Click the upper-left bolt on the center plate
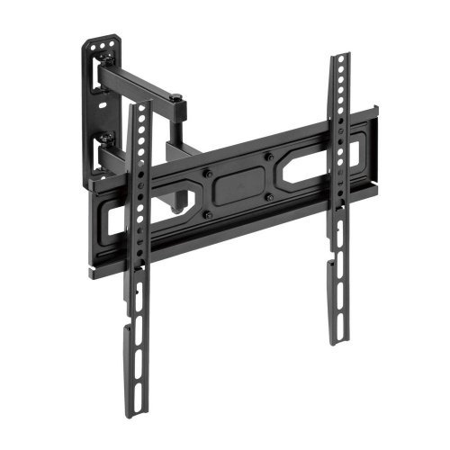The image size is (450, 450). (207, 172)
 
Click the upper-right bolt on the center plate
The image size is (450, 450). (268, 157)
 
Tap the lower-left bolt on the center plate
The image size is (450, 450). (208, 213)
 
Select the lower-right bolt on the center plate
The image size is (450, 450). (269, 195)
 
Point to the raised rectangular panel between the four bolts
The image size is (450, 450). (238, 184)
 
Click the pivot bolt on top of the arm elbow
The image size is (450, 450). (178, 98)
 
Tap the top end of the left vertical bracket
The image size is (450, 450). (137, 107)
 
